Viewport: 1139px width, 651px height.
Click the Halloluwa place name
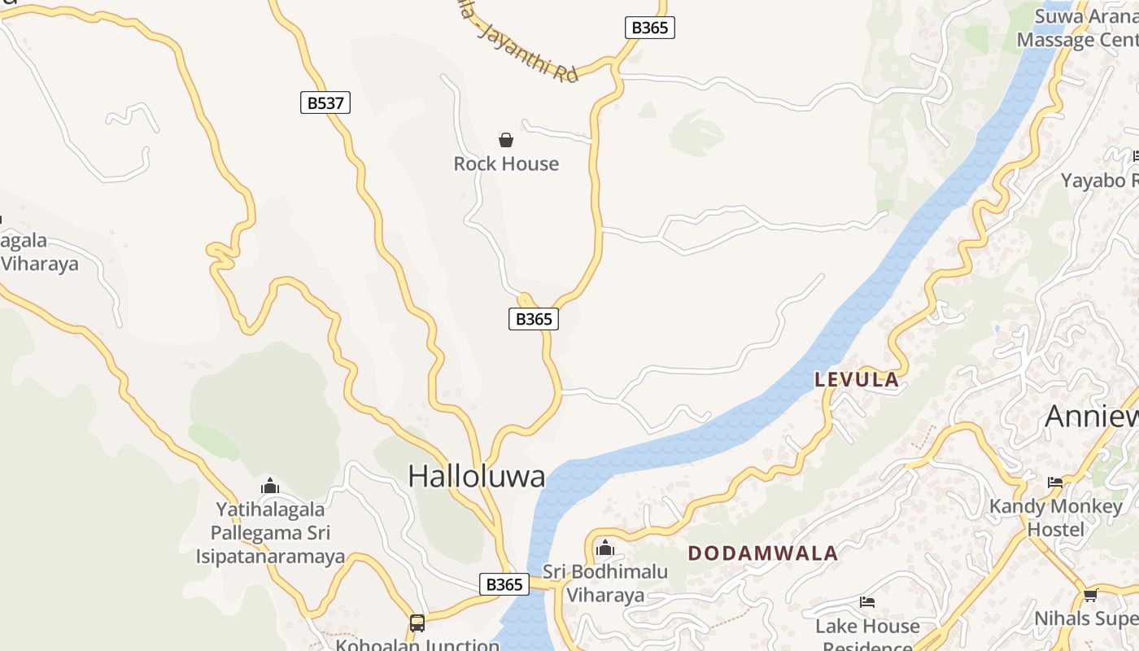click(476, 476)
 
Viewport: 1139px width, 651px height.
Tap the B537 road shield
click(325, 103)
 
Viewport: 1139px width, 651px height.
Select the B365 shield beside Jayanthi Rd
click(650, 28)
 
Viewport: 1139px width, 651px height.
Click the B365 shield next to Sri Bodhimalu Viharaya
click(504, 584)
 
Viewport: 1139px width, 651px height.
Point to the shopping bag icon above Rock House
click(506, 140)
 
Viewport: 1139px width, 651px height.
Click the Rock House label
click(506, 164)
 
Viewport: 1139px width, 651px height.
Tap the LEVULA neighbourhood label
click(857, 379)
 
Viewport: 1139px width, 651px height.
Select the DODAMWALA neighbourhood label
click(762, 553)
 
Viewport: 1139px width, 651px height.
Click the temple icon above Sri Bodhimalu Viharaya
click(604, 548)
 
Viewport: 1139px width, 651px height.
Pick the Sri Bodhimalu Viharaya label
click(605, 583)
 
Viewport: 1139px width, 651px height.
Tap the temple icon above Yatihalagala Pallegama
click(270, 487)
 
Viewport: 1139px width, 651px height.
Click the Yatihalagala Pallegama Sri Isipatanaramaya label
click(270, 533)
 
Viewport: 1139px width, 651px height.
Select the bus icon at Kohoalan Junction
click(417, 623)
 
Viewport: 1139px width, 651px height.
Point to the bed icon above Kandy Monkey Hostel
click(1055, 483)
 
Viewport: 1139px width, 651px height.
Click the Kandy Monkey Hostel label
click(1055, 518)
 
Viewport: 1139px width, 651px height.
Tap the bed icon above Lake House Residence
click(867, 602)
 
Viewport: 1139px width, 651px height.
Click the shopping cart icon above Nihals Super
click(1090, 595)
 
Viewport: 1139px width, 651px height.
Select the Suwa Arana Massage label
click(1086, 28)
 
